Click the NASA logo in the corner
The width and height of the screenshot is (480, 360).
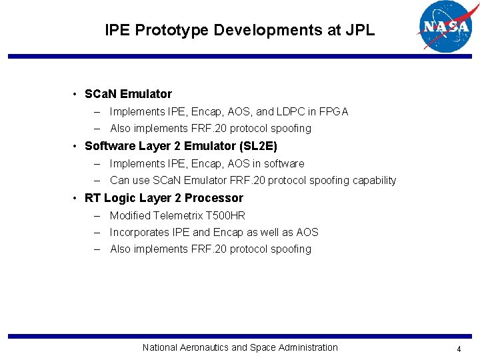tap(444, 27)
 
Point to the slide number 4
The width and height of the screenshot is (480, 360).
tap(459, 349)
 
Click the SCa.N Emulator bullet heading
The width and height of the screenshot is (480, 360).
tap(128, 94)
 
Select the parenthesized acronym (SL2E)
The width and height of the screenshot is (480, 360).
tap(257, 146)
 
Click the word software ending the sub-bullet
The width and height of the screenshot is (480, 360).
tap(283, 163)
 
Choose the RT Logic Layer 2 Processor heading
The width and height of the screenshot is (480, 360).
tap(163, 198)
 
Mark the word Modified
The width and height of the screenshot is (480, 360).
tap(130, 215)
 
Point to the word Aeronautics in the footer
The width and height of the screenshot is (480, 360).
tap(203, 347)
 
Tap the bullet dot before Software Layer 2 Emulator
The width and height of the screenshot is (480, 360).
tap(78, 146)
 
